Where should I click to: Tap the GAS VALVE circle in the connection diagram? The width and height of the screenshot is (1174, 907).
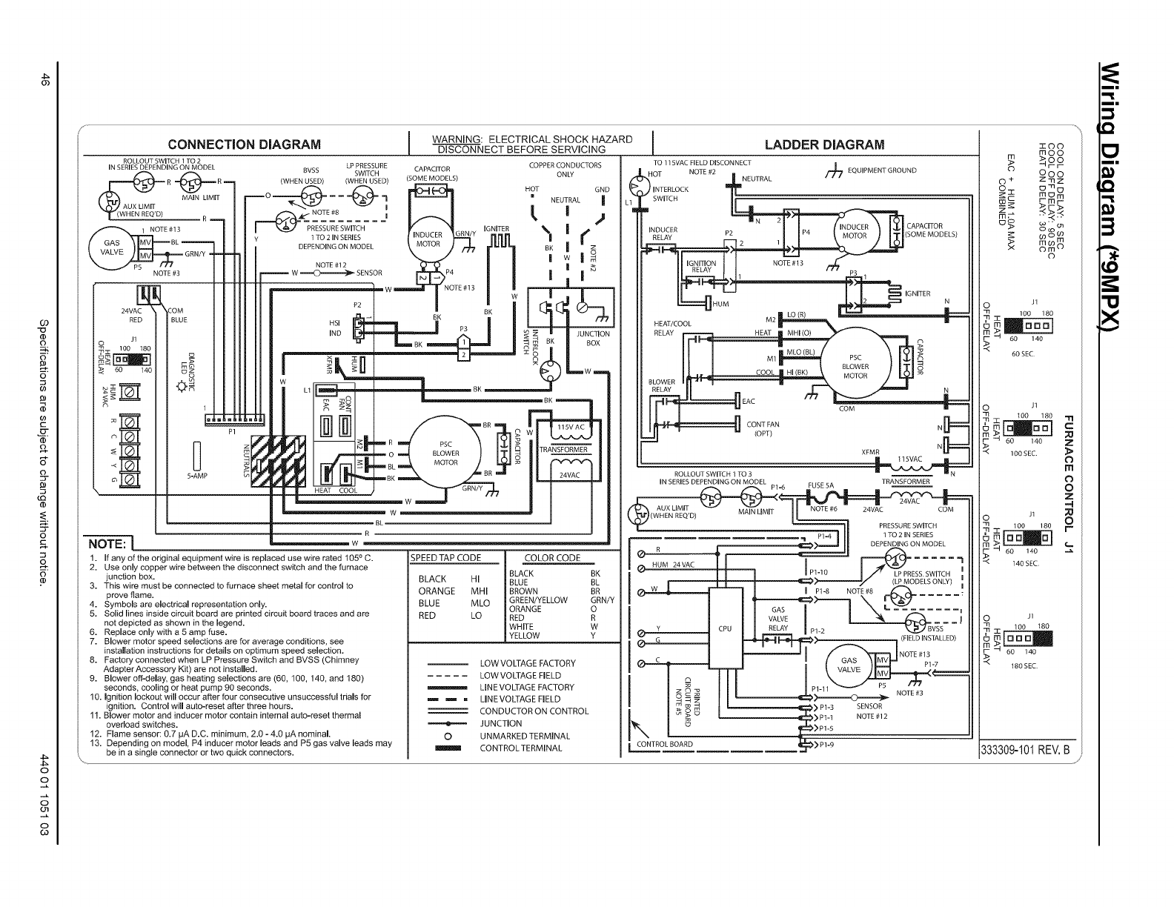(x=113, y=247)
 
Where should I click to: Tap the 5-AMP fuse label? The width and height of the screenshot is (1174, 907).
(x=196, y=477)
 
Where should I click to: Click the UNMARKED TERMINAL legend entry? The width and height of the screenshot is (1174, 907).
(x=525, y=736)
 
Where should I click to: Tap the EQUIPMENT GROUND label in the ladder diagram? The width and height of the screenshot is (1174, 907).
(x=881, y=170)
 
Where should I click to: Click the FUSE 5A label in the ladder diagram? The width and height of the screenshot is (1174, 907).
(x=820, y=485)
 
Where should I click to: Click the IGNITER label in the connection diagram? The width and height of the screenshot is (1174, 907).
(x=496, y=227)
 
